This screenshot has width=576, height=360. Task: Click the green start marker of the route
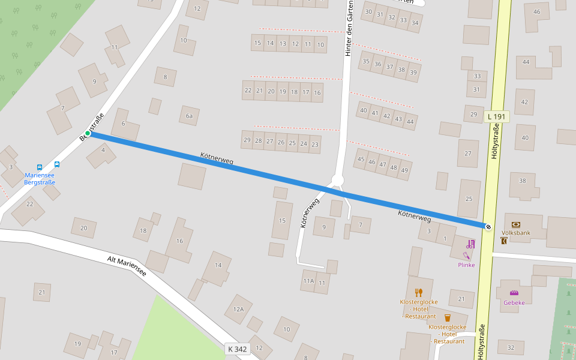(x=88, y=133)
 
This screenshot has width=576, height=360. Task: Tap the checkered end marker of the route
(x=488, y=226)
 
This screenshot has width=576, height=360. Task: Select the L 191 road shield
(x=497, y=116)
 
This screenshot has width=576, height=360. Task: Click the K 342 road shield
(x=238, y=349)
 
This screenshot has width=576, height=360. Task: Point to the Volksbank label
(x=516, y=232)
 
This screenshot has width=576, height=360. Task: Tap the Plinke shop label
(x=466, y=265)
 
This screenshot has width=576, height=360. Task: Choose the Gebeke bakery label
(x=514, y=302)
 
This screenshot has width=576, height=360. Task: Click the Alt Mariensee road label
(x=127, y=266)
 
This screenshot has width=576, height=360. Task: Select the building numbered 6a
(x=190, y=116)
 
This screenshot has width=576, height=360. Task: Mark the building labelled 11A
(x=308, y=281)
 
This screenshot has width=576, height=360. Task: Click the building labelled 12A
(x=238, y=309)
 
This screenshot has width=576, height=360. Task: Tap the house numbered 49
(x=404, y=170)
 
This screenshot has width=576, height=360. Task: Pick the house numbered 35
(x=366, y=61)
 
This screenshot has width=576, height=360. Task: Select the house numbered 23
(x=315, y=144)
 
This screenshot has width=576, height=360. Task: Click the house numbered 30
(x=368, y=12)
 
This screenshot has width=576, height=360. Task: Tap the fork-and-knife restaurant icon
(x=419, y=293)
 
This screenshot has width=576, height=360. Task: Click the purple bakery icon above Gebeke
(x=514, y=293)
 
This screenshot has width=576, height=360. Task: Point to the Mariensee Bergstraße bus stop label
(x=40, y=178)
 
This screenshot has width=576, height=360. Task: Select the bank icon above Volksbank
(x=516, y=224)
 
